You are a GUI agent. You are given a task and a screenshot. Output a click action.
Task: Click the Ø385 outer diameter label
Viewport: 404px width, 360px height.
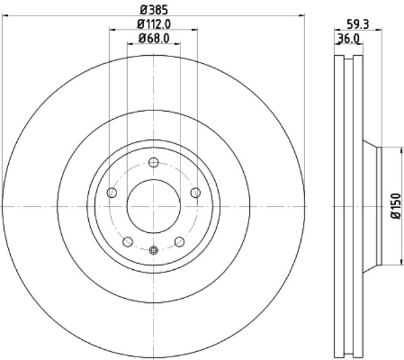coord(154,9)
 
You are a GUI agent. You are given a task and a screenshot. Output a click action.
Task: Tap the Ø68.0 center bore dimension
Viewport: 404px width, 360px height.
coord(154,38)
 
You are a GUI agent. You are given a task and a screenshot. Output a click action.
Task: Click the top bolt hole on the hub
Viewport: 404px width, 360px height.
coord(154,162)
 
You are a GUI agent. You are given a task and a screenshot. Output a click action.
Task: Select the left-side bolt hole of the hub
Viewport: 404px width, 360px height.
coord(112,193)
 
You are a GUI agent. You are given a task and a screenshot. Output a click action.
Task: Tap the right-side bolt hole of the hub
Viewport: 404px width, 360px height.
coord(195,193)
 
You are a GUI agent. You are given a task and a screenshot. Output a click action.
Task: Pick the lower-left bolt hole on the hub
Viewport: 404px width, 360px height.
coord(128,242)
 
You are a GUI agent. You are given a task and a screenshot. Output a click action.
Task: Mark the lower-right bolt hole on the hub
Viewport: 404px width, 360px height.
coord(179,242)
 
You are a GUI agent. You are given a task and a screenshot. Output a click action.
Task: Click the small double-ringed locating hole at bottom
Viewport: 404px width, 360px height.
coord(154,251)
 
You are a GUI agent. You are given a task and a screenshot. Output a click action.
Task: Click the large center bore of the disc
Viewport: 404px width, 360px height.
coord(154,206)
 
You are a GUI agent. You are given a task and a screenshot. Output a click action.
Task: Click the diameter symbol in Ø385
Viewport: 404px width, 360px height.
coord(143,9)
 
